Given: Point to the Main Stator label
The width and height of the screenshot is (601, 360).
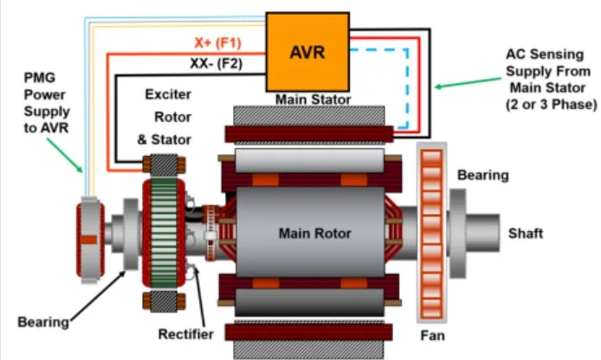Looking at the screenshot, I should tap(313, 100).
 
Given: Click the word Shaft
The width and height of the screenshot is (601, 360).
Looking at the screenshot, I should tap(527, 233).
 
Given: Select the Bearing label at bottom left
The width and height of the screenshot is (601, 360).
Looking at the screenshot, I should tap(43, 322).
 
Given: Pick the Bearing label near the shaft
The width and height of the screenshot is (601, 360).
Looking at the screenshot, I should tap(483, 175).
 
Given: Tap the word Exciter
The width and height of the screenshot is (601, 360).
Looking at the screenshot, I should tap(168, 94).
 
